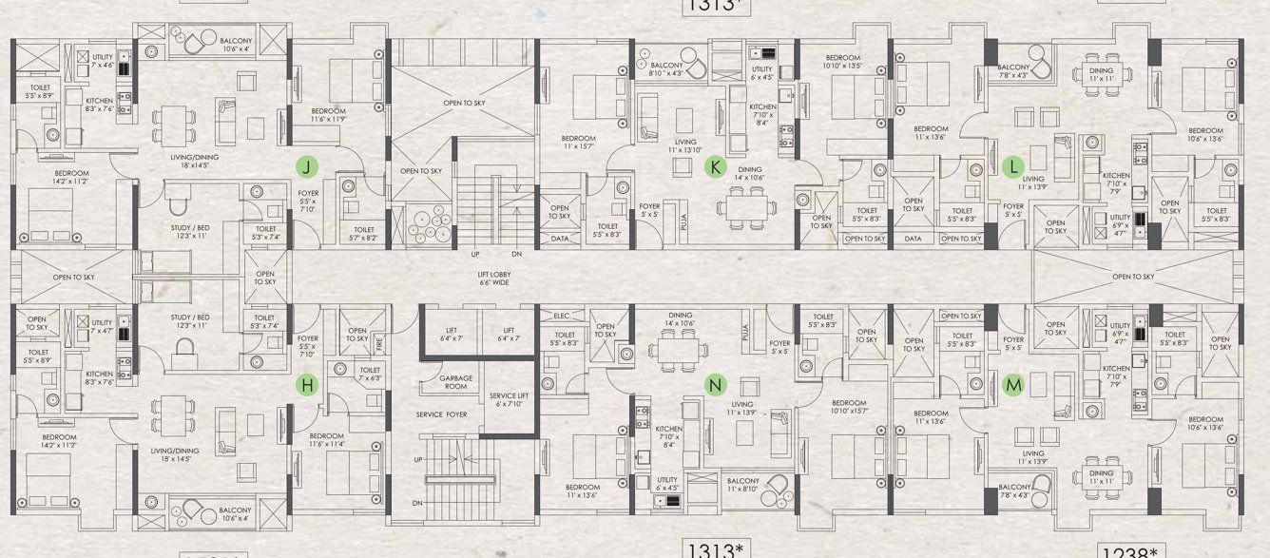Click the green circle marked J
click(306, 166)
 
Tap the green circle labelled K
click(715, 167)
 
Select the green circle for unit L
click(1014, 166)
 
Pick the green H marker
click(306, 385)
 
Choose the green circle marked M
click(1014, 384)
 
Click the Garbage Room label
click(455, 382)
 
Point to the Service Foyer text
click(442, 415)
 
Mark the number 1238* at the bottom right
click(1131, 550)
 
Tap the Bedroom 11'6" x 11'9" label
click(329, 116)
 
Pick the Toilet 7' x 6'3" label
click(370, 375)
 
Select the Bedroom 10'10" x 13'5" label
click(841, 62)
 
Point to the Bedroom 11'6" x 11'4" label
click(329, 439)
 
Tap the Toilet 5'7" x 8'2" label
click(364, 234)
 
